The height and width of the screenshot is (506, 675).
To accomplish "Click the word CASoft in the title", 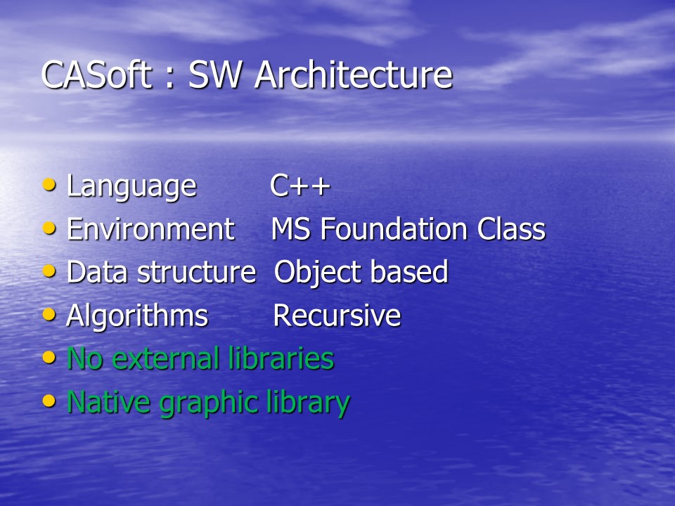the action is [96, 74].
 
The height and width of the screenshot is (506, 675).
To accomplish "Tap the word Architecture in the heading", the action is [353, 74].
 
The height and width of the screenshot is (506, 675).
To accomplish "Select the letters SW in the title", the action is [214, 75].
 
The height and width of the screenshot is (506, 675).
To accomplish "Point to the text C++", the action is [300, 186].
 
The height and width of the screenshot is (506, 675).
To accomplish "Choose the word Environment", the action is [150, 228].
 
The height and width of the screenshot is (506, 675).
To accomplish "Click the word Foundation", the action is [394, 228].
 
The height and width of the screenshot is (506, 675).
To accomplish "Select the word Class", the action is [511, 228].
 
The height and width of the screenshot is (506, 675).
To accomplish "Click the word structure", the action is [196, 272].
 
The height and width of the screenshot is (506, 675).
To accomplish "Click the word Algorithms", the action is [137, 316].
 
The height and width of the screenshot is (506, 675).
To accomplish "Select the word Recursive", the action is [337, 316].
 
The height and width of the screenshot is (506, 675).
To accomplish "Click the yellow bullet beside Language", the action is [49, 185].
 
